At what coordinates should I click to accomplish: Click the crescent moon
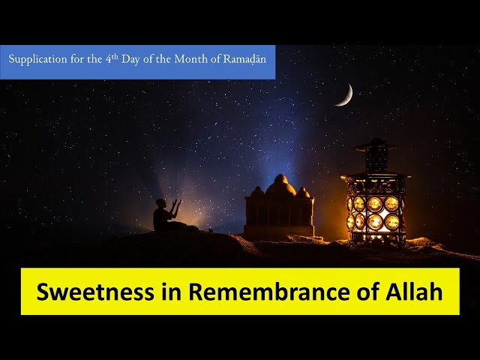[x=347, y=97]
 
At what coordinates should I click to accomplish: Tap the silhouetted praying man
[x=166, y=215]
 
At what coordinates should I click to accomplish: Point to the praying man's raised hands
[x=177, y=203]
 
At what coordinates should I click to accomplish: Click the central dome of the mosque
[x=280, y=186]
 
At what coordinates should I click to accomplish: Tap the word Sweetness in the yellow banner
[x=95, y=292]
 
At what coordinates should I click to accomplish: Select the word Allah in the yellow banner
[x=413, y=291]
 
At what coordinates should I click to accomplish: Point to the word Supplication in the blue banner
[x=37, y=59]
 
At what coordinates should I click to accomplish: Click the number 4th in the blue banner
[x=112, y=58]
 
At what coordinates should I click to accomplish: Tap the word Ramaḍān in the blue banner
[x=244, y=58]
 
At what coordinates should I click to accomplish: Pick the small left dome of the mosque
[x=257, y=192]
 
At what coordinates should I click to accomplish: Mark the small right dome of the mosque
[x=303, y=193]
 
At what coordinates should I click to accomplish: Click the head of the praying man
[x=160, y=203]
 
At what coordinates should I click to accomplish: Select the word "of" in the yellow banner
[x=367, y=291]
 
